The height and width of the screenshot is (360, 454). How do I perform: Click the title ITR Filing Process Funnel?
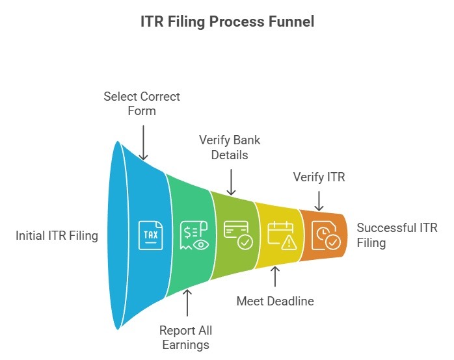[227, 22]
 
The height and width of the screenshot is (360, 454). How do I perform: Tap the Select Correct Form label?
[142, 103]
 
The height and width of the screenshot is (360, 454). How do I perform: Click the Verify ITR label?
[319, 177]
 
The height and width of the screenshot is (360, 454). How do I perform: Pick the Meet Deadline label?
[274, 302]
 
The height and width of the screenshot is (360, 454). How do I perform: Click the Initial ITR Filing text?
[57, 236]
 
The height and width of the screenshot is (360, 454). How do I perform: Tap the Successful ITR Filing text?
[397, 235]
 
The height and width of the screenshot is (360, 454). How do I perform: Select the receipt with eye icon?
[193, 235]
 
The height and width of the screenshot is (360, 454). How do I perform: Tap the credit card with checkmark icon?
[237, 235]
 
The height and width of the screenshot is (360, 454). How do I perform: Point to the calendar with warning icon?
[282, 235]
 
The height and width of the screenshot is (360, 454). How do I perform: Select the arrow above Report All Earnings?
[187, 302]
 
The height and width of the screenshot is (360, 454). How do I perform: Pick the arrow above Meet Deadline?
[274, 277]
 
